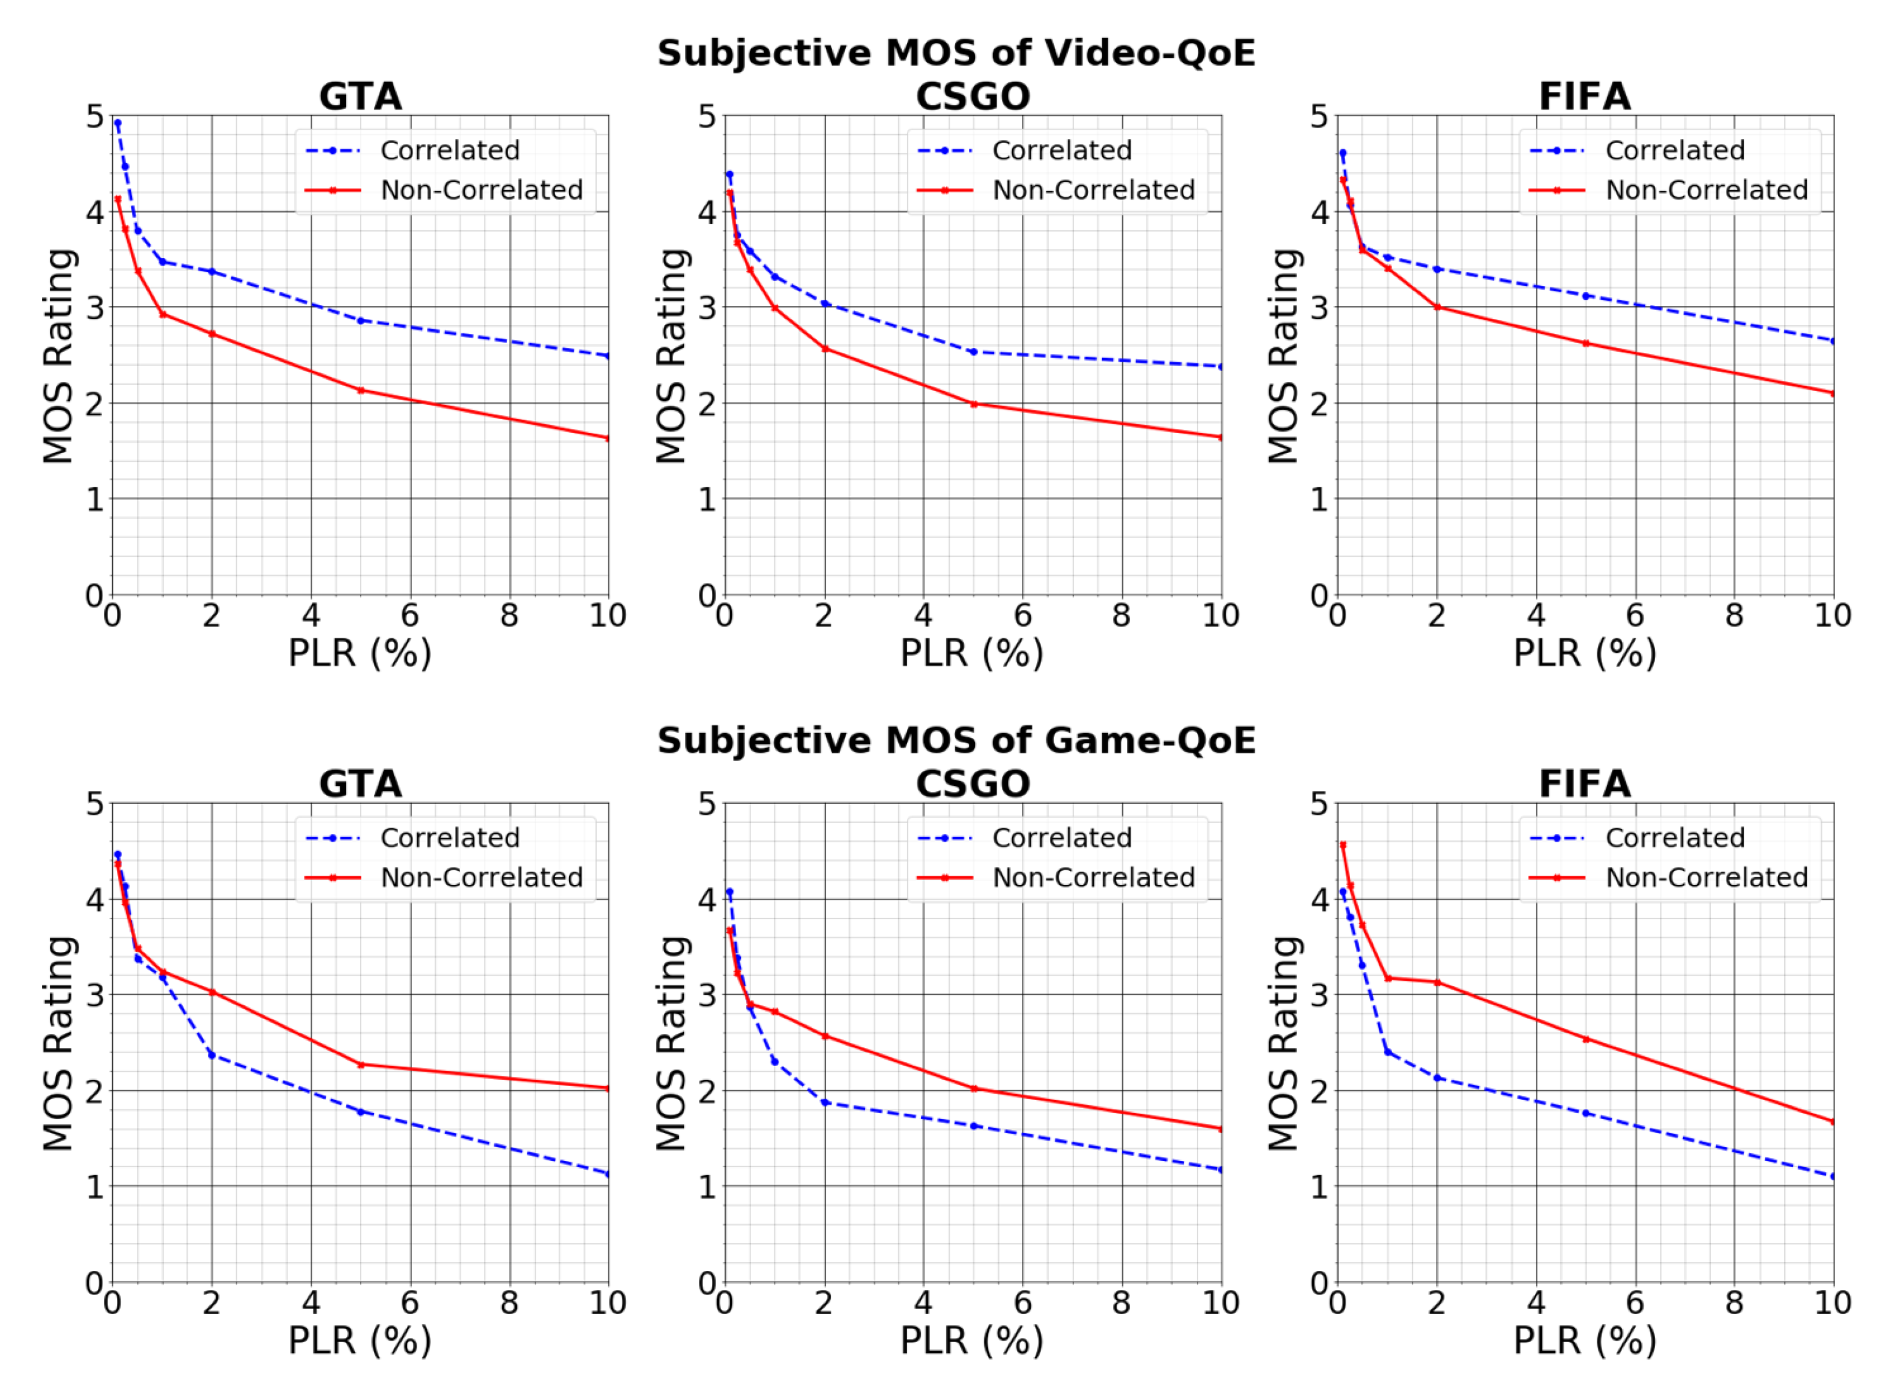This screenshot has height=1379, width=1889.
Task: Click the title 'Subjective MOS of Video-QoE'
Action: point(955,53)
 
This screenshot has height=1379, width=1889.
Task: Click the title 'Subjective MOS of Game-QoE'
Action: point(955,740)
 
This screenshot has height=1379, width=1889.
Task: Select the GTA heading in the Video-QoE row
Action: point(361,97)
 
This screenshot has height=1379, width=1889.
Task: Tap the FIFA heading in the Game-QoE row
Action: point(1585,784)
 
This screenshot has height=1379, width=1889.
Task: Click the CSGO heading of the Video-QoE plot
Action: point(972,97)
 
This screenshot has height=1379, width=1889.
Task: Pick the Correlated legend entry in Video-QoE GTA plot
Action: point(449,150)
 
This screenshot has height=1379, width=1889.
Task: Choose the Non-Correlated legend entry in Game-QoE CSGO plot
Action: point(1093,877)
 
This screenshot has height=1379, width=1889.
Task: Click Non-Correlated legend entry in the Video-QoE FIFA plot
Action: point(1706,190)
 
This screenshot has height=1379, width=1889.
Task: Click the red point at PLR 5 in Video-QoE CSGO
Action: point(973,404)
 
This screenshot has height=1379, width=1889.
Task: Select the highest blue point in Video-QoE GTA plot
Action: point(117,123)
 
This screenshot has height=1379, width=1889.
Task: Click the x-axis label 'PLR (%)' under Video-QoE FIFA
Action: point(1585,653)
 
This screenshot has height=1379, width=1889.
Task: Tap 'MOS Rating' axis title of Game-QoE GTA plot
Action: point(58,1043)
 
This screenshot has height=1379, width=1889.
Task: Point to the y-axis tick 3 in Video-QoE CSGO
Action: point(707,307)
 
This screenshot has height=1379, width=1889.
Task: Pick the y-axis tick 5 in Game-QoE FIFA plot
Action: point(1319,804)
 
